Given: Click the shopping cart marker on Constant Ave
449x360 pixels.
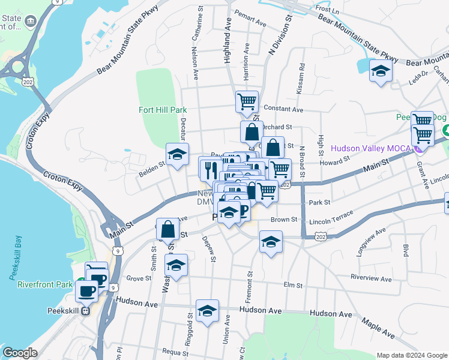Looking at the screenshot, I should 247,102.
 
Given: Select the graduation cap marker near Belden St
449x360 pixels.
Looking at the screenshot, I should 177,155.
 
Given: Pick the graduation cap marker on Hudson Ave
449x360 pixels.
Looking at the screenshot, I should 207,311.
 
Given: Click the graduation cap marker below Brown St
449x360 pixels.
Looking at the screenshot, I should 271,242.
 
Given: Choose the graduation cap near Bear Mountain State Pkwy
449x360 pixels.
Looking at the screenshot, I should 381,71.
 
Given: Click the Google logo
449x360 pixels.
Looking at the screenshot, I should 20,353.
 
